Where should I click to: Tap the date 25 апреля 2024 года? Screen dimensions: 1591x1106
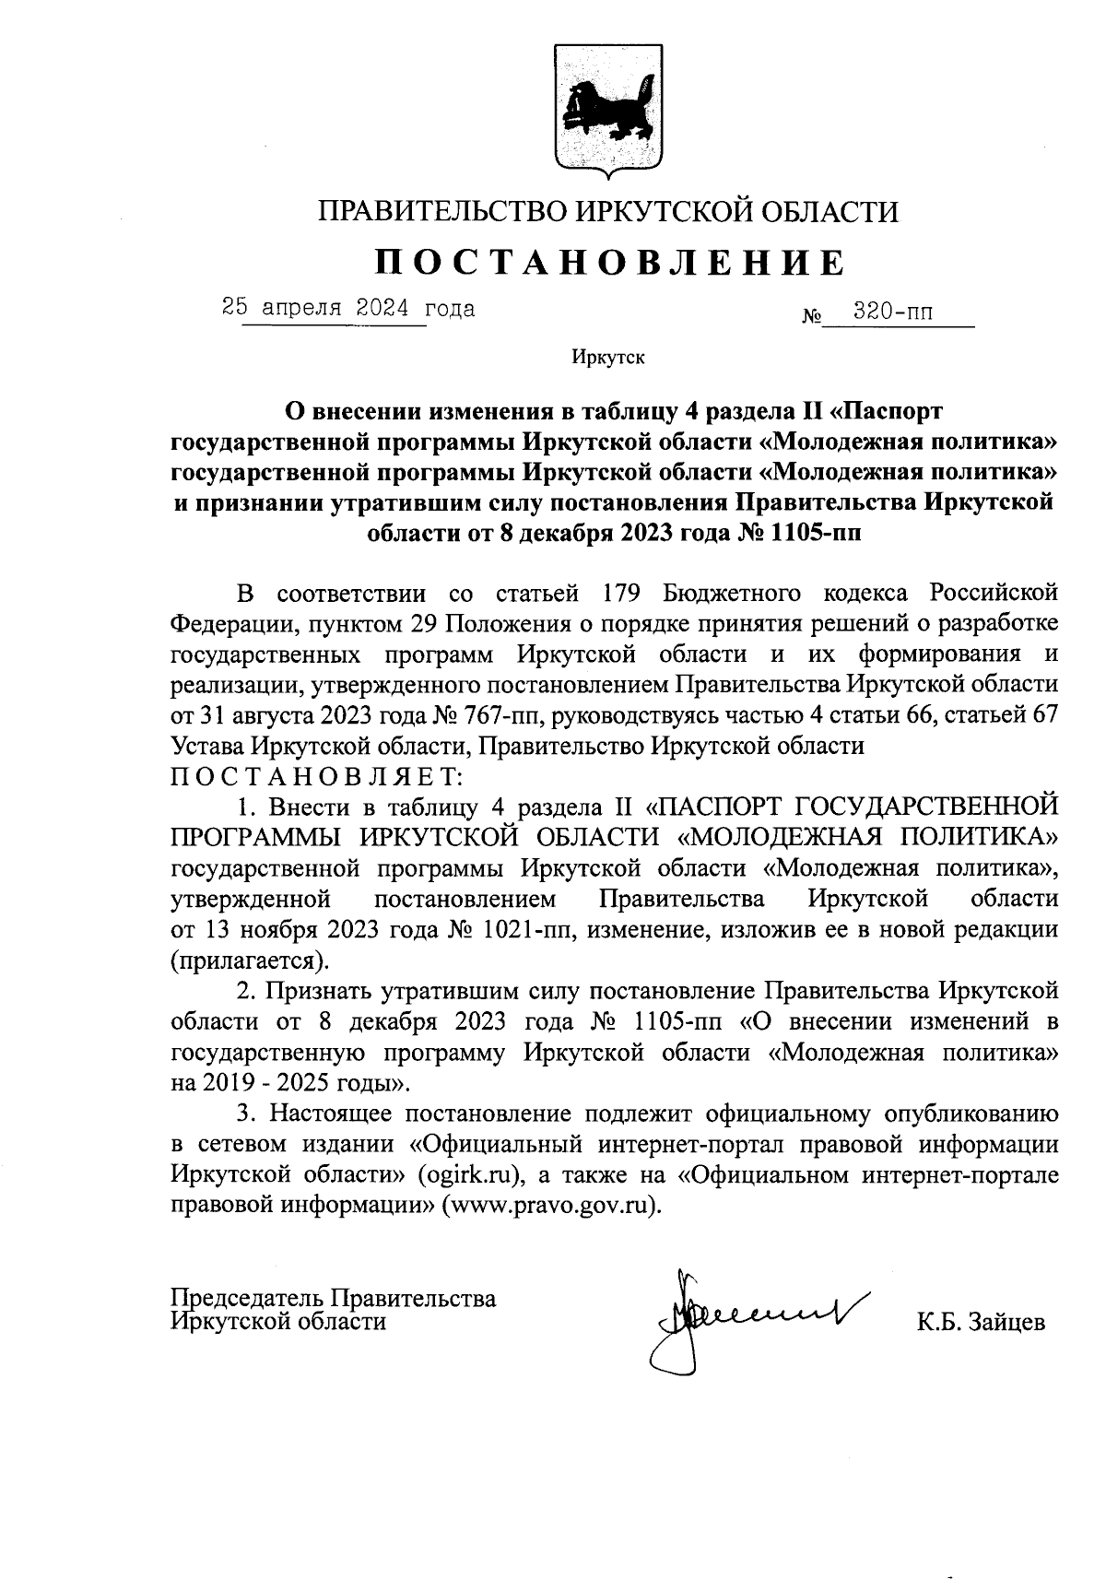point(348,308)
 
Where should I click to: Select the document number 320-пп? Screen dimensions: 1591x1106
point(892,312)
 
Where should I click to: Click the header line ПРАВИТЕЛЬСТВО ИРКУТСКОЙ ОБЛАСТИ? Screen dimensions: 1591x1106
point(608,212)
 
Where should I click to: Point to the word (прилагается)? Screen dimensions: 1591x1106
point(250,960)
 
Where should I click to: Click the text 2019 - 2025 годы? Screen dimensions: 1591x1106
point(293,1081)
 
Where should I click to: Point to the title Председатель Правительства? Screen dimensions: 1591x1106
point(334,1298)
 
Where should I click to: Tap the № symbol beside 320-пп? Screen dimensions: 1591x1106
point(811,318)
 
